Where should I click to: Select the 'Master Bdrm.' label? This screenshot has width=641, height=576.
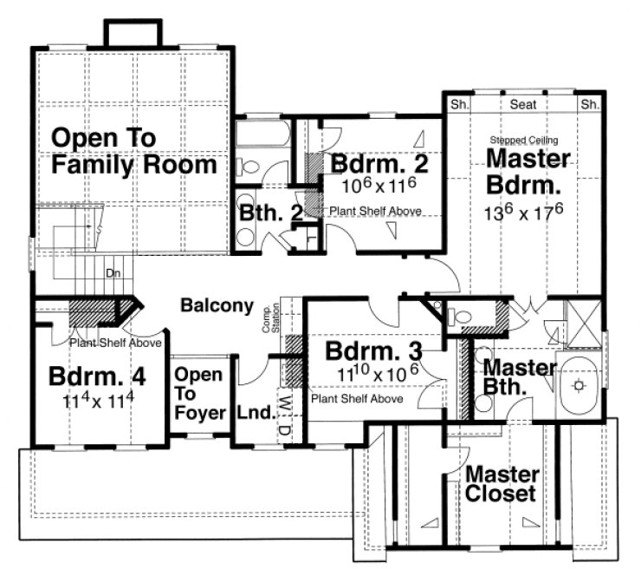click(528, 172)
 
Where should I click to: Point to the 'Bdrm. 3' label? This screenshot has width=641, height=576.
click(373, 351)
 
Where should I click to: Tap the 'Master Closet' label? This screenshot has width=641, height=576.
click(502, 485)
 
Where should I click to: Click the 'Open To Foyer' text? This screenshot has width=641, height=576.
click(200, 394)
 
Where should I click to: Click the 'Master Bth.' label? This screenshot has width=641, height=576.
click(519, 376)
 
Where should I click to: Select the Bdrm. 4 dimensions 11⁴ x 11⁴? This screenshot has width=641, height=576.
click(95, 403)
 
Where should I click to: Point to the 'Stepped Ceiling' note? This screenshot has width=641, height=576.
click(523, 139)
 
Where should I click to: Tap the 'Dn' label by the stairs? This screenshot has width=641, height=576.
click(112, 272)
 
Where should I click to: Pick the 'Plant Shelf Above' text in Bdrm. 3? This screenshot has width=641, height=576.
click(356, 399)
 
